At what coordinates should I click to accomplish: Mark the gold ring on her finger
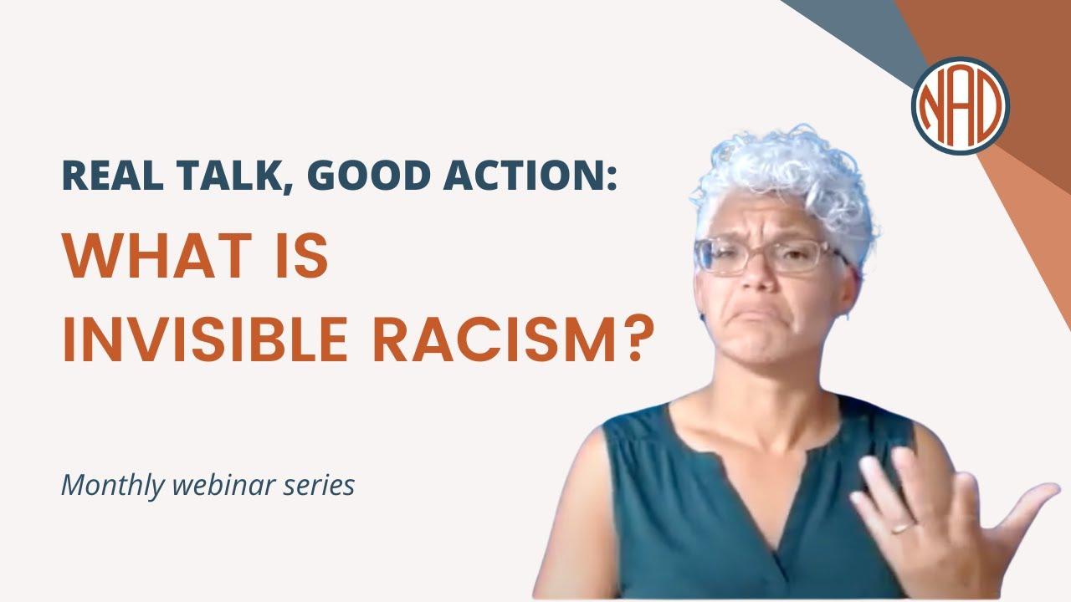pos(902,528)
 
